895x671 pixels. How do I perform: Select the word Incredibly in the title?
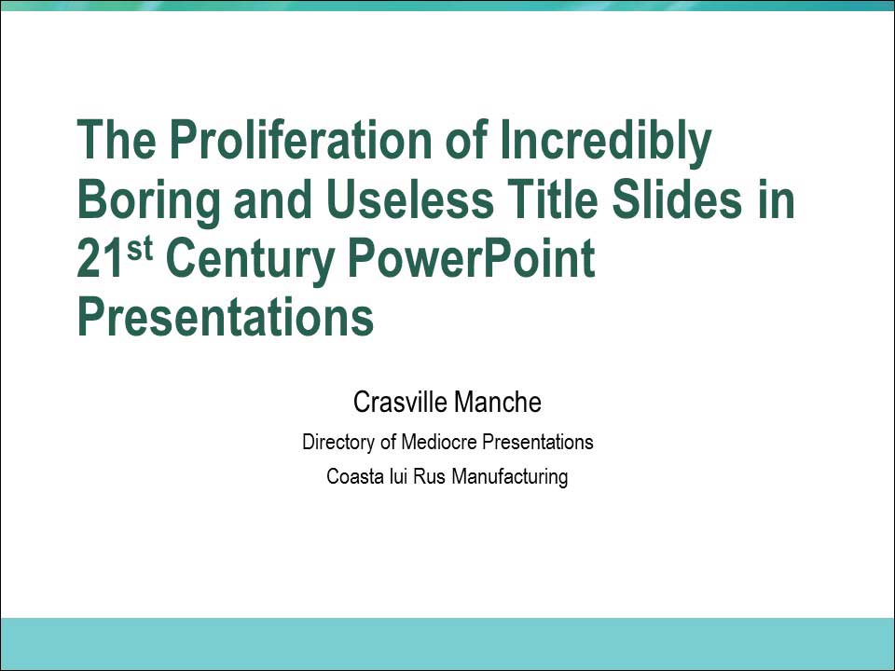tap(606, 144)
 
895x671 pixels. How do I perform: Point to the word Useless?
tap(410, 199)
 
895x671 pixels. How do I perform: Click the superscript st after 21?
tap(139, 249)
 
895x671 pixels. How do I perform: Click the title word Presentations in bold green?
tap(226, 317)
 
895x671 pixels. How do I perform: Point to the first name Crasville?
tap(400, 402)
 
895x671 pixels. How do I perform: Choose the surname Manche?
tap(498, 402)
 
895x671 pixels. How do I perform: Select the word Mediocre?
tap(439, 442)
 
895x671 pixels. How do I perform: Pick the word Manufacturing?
tap(510, 477)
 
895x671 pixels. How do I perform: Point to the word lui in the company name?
tap(398, 476)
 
